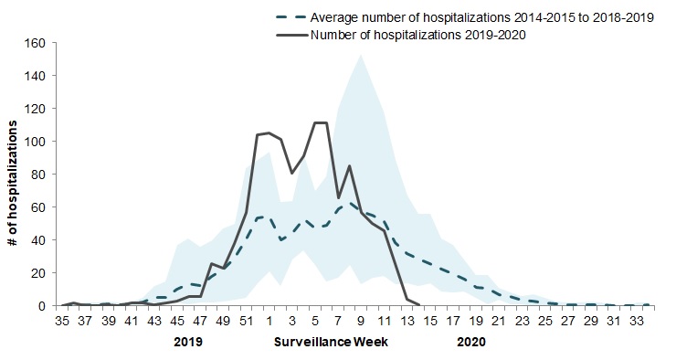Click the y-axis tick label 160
click(x=37, y=43)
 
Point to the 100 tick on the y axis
click(x=37, y=142)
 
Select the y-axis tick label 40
click(x=39, y=239)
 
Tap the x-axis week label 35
click(x=62, y=321)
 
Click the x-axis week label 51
click(x=246, y=321)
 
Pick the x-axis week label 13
click(x=407, y=321)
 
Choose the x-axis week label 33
click(x=638, y=321)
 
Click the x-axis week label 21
click(x=500, y=321)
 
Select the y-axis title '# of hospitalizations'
click(x=13, y=183)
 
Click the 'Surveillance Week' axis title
click(x=331, y=343)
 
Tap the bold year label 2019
click(x=188, y=343)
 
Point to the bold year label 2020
click(x=471, y=343)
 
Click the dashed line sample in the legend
click(x=291, y=17)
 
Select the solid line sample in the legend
click(x=291, y=35)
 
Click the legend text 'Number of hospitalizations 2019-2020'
click(x=418, y=35)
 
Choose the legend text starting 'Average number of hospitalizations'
click(x=482, y=17)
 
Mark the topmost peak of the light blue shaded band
click(x=361, y=55)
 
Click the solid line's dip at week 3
click(x=292, y=173)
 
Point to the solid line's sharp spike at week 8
click(x=349, y=166)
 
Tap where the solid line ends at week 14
click(x=418, y=305)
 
